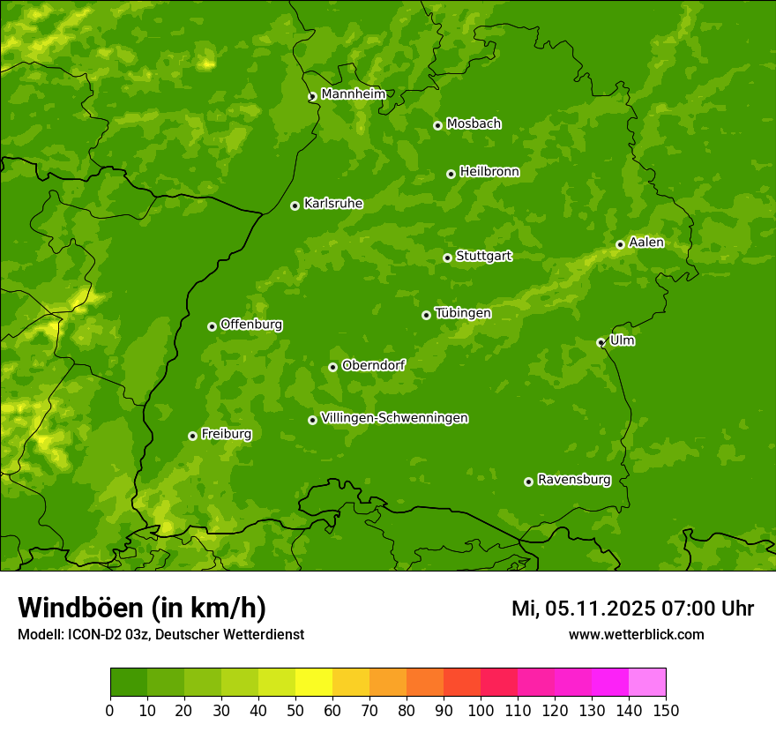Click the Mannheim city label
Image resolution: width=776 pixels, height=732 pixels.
click(x=354, y=93)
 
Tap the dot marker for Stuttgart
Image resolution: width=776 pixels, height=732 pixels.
click(x=447, y=258)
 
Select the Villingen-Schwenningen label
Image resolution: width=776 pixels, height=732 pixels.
click(x=394, y=418)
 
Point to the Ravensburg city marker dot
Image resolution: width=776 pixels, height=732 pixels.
click(x=528, y=482)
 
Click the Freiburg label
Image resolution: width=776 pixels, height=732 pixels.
click(x=226, y=434)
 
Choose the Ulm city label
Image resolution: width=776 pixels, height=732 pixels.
click(x=622, y=340)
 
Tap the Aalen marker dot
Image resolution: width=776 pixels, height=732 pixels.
click(x=620, y=244)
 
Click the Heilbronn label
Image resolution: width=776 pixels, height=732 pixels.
click(x=489, y=172)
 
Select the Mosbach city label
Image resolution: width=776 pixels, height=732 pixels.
click(x=474, y=123)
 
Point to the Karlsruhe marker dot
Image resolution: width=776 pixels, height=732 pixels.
click(x=295, y=205)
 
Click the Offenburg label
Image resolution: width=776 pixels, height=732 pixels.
click(x=251, y=325)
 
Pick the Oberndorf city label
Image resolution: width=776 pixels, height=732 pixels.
click(x=373, y=365)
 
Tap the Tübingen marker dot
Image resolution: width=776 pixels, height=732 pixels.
click(x=426, y=315)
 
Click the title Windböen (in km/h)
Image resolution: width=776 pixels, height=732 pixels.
click(x=141, y=608)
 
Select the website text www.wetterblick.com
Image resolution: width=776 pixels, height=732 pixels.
click(x=636, y=634)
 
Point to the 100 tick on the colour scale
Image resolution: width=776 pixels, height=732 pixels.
click(x=481, y=709)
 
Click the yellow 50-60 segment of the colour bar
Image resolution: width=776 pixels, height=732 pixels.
click(x=314, y=683)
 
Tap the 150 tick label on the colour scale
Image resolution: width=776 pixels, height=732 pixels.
click(x=666, y=709)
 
